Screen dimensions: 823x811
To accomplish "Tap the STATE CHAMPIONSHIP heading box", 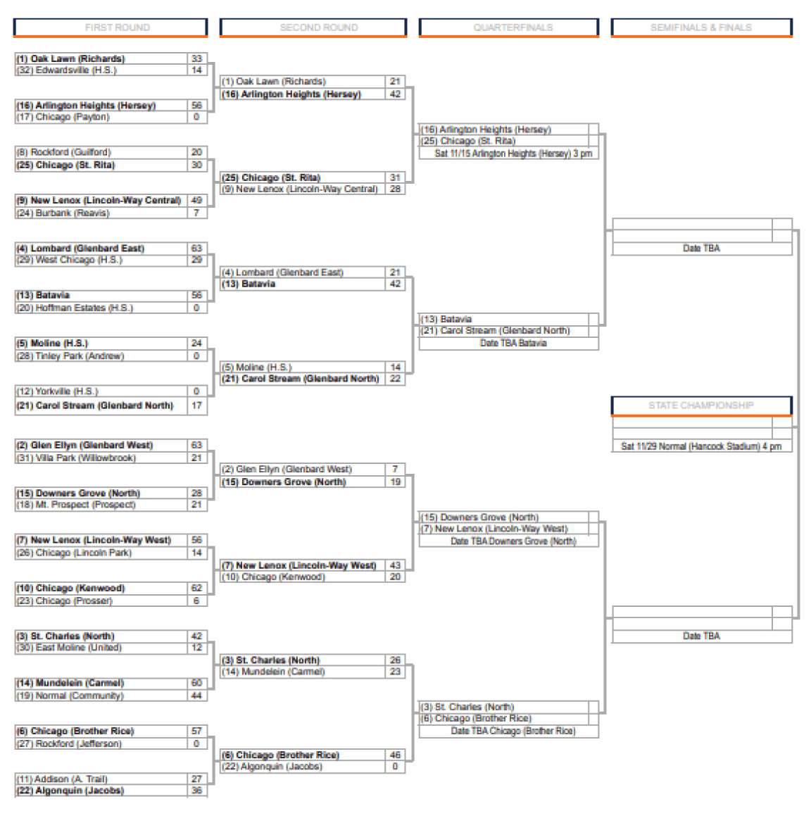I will tap(701, 406).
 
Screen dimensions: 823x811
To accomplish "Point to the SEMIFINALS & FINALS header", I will tap(701, 27).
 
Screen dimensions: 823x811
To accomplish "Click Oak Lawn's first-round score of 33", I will tap(196, 58).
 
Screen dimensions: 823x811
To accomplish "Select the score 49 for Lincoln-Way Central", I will tap(196, 200).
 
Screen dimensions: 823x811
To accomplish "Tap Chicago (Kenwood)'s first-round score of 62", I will tap(196, 588).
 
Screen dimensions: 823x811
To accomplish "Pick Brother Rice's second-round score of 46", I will tap(395, 755).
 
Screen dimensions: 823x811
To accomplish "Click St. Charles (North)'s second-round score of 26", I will tap(395, 660).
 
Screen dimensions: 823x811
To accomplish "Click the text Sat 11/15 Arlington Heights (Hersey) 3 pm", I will tap(513, 153).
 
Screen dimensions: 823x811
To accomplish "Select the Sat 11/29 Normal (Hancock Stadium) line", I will tap(701, 446).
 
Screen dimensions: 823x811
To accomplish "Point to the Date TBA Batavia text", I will tap(513, 344).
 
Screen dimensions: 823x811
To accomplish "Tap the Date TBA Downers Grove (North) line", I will tap(513, 541).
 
